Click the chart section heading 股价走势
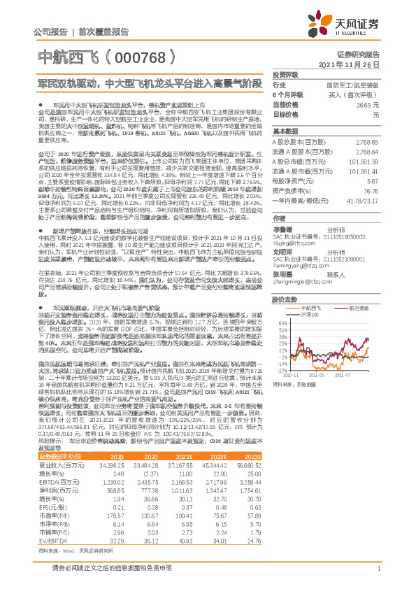[x=285, y=297]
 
